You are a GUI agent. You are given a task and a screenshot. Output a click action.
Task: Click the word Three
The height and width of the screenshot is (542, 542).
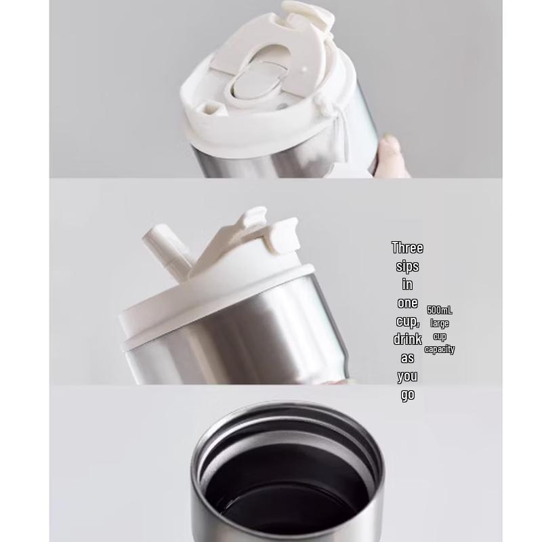[x=407, y=248]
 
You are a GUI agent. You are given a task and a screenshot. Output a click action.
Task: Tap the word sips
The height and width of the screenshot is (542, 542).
[x=407, y=266]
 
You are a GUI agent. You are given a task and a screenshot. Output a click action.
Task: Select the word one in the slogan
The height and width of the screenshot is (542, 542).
[x=407, y=303]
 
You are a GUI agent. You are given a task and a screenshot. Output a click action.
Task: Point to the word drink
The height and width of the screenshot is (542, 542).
[x=407, y=339]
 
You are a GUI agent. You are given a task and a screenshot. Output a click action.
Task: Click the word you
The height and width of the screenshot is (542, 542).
[x=407, y=376]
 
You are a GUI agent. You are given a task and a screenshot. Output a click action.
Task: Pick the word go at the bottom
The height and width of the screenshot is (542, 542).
[x=407, y=394]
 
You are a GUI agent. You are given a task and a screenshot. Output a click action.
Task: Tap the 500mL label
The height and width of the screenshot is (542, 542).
[x=440, y=310]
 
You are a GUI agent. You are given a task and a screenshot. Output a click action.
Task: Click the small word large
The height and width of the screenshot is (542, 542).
[x=440, y=323]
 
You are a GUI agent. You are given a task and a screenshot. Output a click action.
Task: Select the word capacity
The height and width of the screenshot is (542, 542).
[x=440, y=350]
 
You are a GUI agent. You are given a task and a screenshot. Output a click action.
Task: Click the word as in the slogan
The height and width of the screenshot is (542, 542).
[x=407, y=358]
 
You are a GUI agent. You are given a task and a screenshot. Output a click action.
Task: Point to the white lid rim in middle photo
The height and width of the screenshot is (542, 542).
[x=217, y=305]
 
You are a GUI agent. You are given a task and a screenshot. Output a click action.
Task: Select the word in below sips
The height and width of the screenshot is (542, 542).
[x=407, y=285]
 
